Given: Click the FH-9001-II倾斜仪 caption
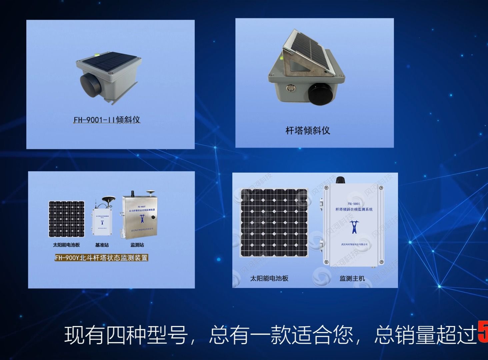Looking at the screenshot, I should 107,120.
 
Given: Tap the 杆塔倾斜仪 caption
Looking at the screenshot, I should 307,130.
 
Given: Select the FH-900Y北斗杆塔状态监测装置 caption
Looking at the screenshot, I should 101,258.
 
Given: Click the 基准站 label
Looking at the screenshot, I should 102,245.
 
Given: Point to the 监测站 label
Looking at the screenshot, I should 137,245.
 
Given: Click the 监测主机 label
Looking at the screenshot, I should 352,278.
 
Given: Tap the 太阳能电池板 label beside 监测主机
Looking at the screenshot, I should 269,278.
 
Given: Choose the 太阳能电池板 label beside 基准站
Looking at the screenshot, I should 66,245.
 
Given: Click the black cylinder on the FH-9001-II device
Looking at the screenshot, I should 89,86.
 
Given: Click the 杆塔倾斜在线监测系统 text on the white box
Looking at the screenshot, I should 354,209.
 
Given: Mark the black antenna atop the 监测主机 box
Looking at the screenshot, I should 340,180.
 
